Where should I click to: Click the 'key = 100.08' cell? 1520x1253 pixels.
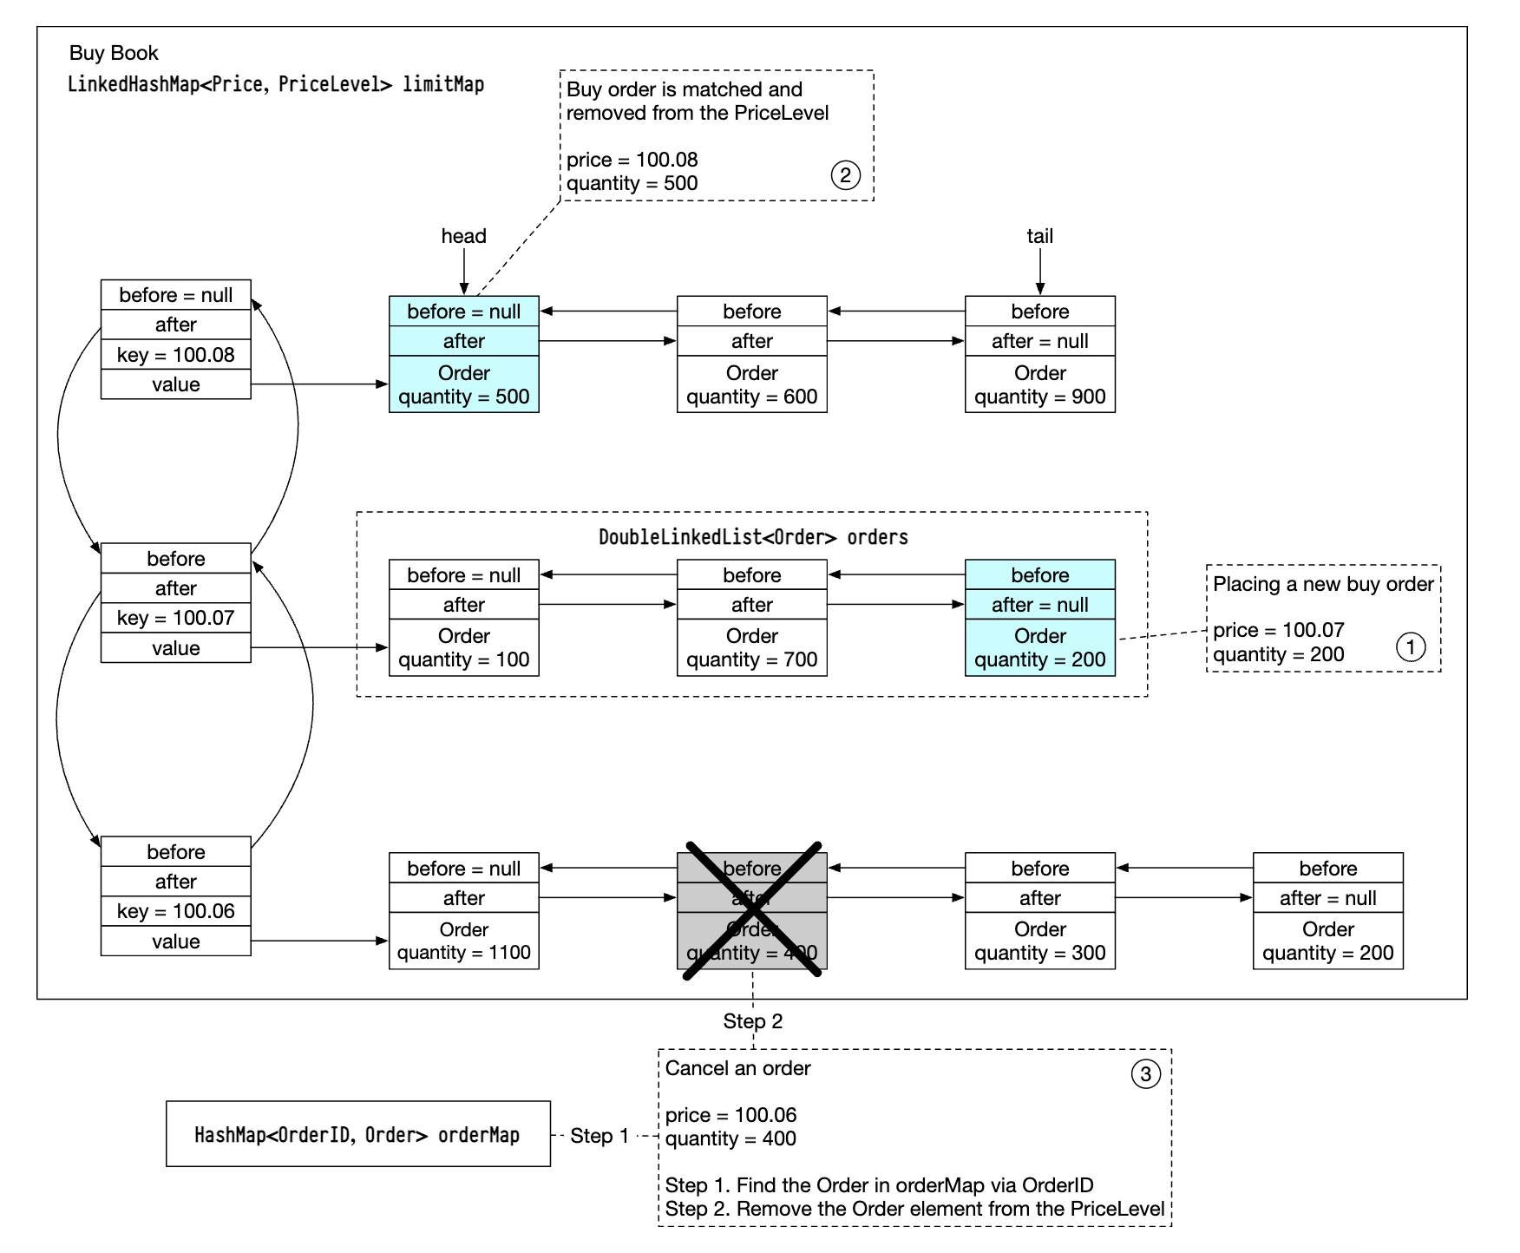tap(175, 354)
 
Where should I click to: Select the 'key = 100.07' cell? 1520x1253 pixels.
tap(175, 618)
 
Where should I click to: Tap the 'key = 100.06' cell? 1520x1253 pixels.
tap(175, 911)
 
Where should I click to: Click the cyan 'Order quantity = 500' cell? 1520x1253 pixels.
tap(463, 384)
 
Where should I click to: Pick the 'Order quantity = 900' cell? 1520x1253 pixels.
tap(1039, 384)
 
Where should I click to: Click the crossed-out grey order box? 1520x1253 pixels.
tap(751, 910)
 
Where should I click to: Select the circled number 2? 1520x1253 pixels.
tap(845, 175)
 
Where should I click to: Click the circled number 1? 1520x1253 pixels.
tap(1410, 646)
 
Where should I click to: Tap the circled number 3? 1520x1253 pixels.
tap(1145, 1074)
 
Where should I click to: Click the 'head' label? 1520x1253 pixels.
tap(463, 236)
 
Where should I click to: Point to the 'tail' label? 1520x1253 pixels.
tap(1039, 236)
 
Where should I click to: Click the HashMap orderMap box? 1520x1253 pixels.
tap(357, 1134)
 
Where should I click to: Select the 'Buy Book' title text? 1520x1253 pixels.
tap(114, 53)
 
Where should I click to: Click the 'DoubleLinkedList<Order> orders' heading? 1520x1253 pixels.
tap(753, 537)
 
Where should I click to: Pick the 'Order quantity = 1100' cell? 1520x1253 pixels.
tap(463, 941)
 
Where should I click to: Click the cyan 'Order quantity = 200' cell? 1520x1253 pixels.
tap(1039, 647)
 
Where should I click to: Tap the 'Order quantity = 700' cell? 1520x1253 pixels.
tap(751, 647)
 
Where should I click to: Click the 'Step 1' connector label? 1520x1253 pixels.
tap(599, 1136)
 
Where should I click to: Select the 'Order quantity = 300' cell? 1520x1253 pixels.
tap(1039, 941)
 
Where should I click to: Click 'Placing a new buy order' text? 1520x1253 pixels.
tap(1322, 584)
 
